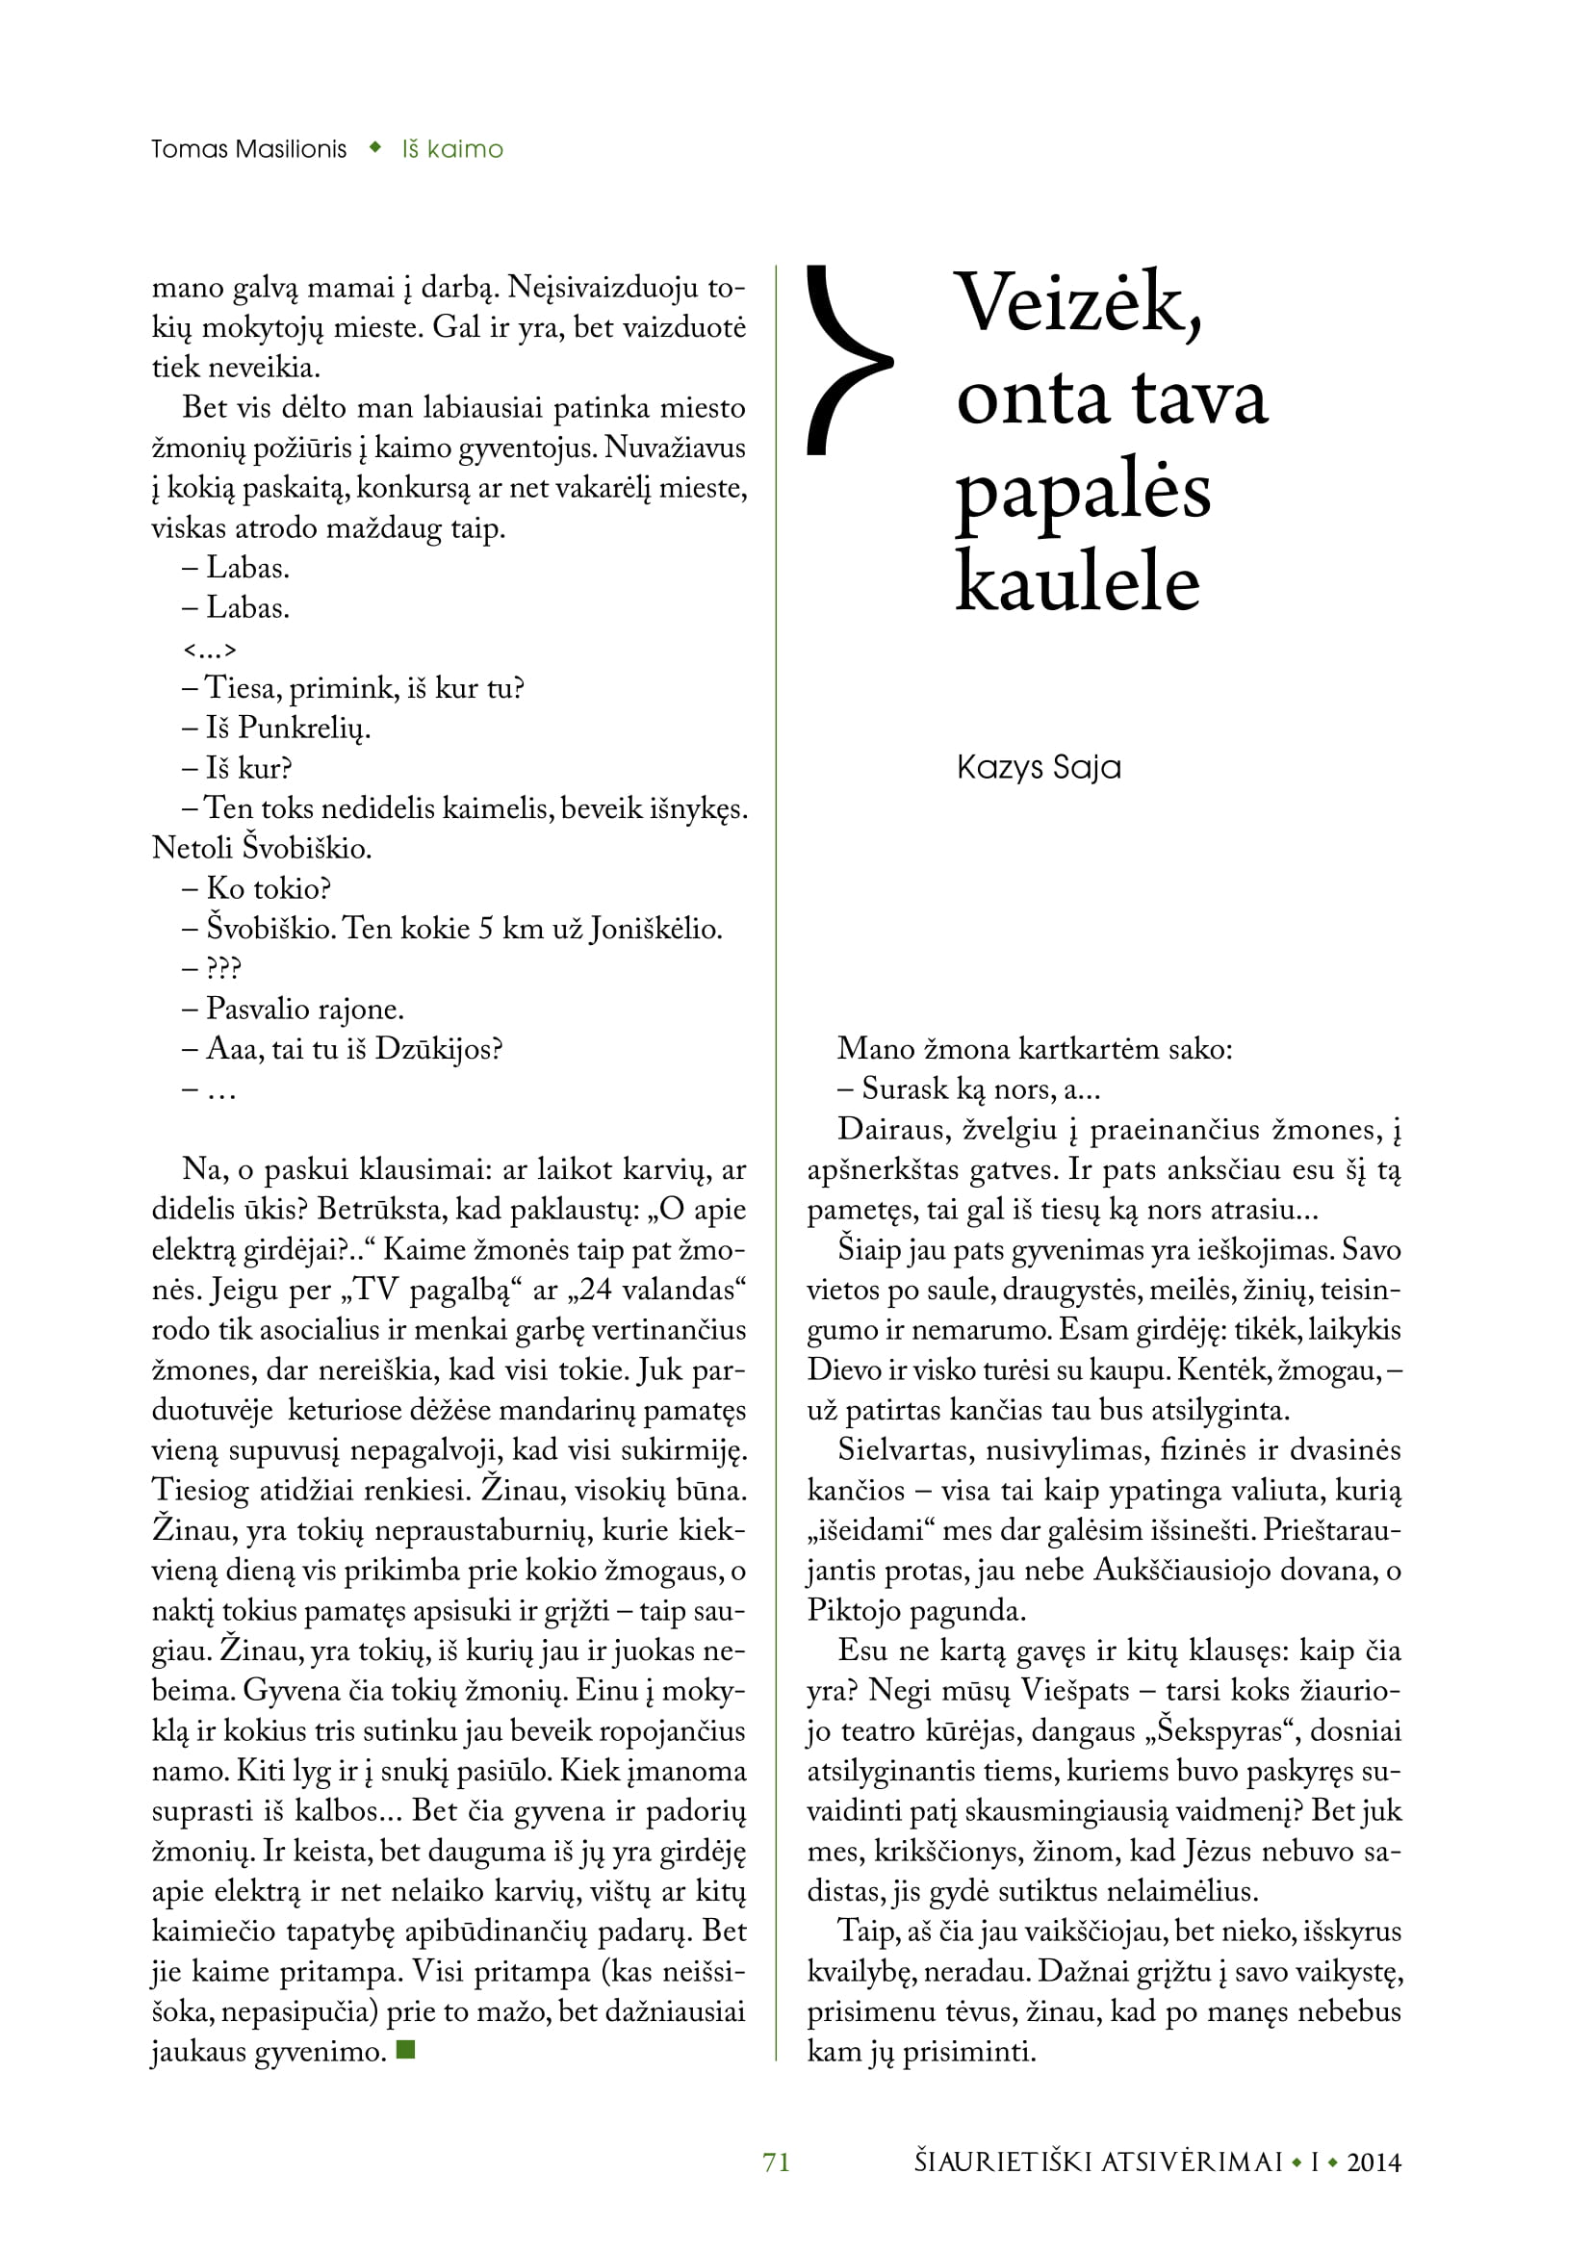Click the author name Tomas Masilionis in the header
pos(249,149)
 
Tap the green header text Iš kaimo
pos(452,149)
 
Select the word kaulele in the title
pos(1077,582)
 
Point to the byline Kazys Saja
pos(1039,767)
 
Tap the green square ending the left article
pos(406,2049)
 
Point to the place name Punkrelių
pos(304,729)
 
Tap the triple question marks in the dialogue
pos(223,969)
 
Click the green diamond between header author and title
pos(374,148)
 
